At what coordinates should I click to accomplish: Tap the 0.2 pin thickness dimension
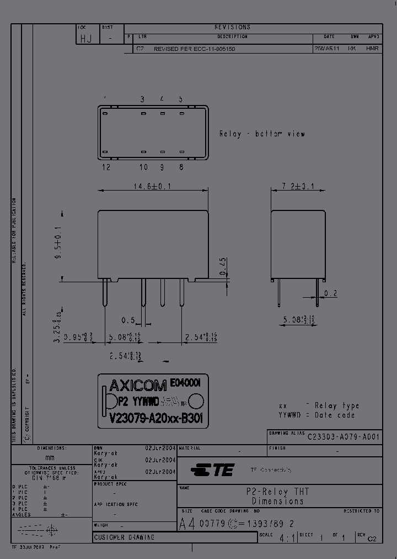[330, 293]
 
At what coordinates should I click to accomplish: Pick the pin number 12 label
[106, 167]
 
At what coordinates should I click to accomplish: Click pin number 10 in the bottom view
[143, 167]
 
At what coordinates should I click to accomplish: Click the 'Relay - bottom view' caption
[262, 134]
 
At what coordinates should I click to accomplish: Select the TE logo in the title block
[213, 471]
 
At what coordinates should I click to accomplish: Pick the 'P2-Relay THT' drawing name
[277, 492]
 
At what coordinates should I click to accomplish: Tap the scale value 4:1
[286, 537]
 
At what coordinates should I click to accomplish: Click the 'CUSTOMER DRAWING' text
[124, 537]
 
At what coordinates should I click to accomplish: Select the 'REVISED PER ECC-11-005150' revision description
[195, 49]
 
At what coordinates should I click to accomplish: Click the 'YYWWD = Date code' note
[316, 415]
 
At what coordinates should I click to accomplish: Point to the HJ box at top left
[86, 38]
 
